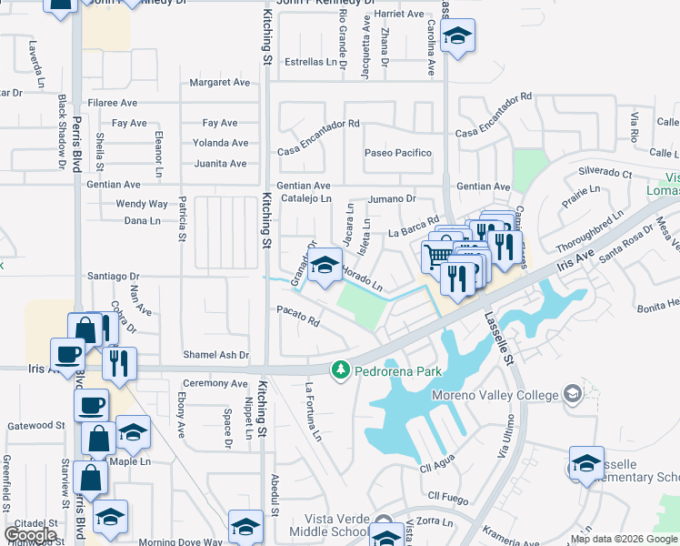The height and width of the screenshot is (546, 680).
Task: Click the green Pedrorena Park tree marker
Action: (341, 369)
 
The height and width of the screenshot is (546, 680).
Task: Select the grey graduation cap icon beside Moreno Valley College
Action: (572, 393)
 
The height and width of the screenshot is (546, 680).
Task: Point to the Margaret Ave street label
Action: (219, 83)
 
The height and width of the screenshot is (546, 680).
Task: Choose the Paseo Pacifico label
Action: (397, 153)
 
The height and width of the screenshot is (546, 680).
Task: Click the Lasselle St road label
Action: (498, 337)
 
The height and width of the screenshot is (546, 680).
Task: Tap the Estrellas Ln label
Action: (311, 63)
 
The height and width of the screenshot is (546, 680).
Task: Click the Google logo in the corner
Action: (30, 535)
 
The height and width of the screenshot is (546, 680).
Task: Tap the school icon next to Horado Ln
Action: (324, 266)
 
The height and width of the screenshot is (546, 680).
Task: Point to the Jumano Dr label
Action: (392, 198)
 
